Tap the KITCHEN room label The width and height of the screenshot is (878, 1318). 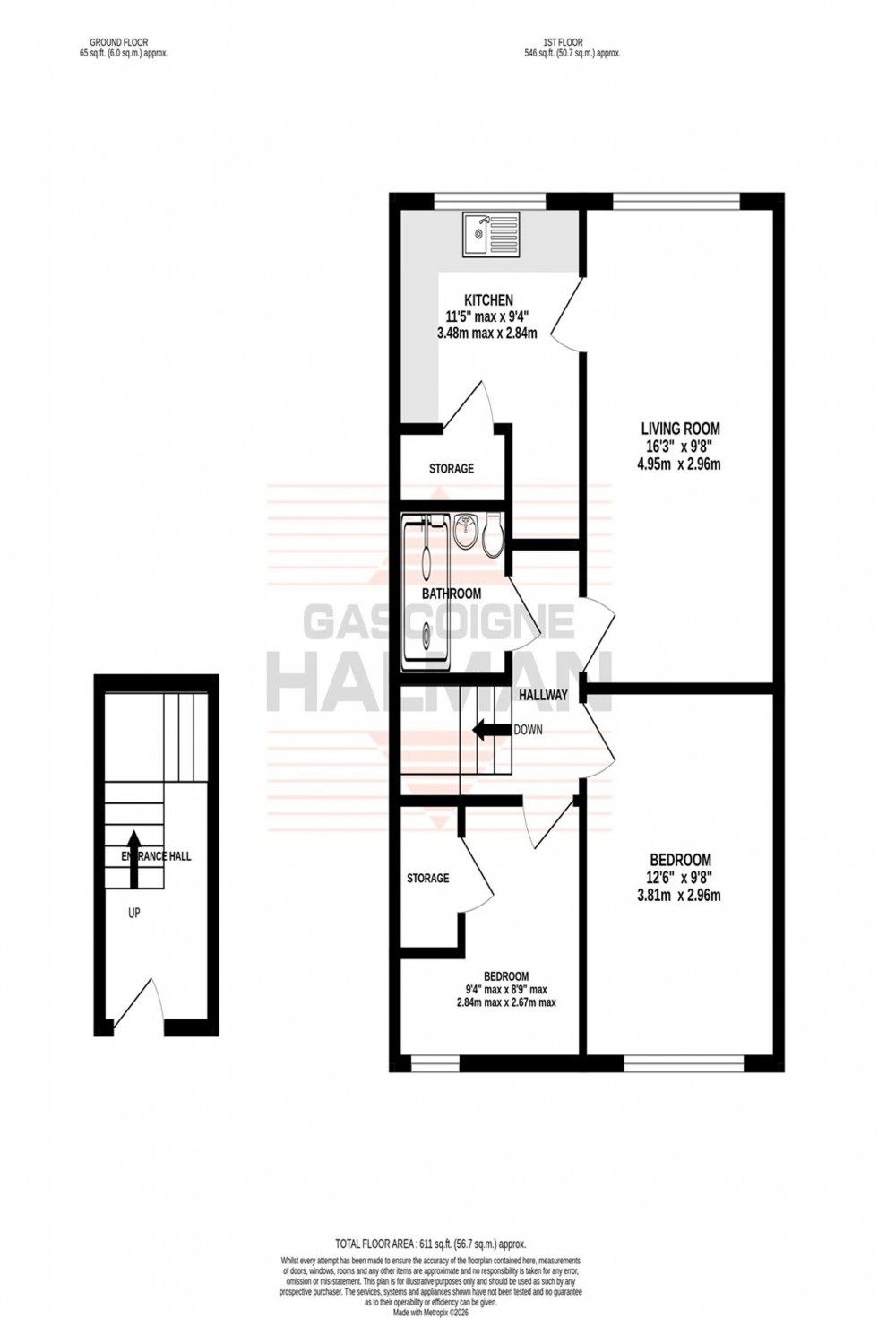[x=487, y=300]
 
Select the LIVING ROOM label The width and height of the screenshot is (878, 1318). [x=679, y=429]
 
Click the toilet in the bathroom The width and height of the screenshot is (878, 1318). [x=493, y=537]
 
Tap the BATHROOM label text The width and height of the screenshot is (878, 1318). [x=452, y=594]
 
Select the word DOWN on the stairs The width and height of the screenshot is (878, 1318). [x=528, y=730]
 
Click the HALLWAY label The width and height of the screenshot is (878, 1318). [x=542, y=695]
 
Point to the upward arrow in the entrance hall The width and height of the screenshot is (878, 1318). [x=133, y=857]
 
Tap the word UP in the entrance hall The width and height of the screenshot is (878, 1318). [x=133, y=914]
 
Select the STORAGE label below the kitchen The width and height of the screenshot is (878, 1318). [x=451, y=468]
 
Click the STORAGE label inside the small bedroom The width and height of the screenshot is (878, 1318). [x=427, y=878]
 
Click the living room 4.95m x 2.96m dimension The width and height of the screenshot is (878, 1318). [x=679, y=464]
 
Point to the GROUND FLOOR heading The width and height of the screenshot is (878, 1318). [x=118, y=42]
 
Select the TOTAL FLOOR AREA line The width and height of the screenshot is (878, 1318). [x=430, y=1244]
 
